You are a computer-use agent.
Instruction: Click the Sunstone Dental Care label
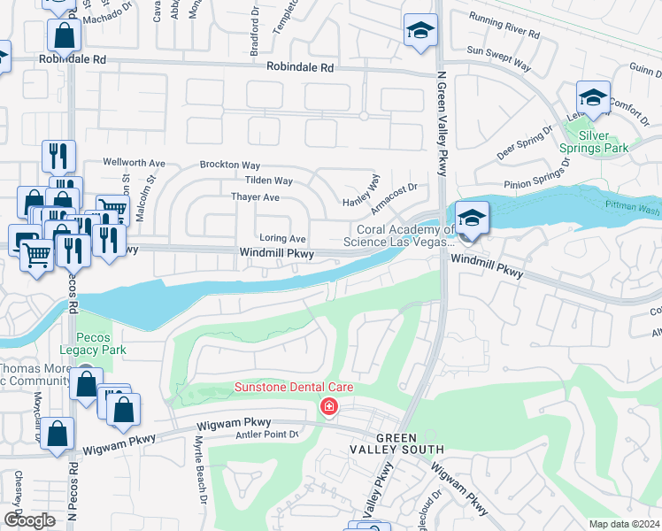[293, 388]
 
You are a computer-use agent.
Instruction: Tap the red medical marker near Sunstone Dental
[329, 406]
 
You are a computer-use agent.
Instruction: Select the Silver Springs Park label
[606, 142]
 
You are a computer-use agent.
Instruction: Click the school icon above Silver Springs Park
[593, 97]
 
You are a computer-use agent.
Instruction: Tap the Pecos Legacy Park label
[100, 343]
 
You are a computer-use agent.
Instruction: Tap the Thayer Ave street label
[255, 197]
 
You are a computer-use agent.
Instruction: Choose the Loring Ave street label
[282, 239]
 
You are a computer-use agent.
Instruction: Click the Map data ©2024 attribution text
[624, 524]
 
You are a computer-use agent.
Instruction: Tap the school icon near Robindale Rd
[420, 31]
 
